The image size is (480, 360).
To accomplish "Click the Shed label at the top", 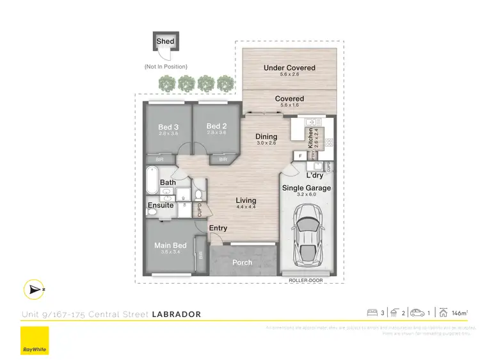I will (x=165, y=42).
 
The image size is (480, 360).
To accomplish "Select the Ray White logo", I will (x=35, y=340).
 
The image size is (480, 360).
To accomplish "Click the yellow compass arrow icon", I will (x=31, y=290).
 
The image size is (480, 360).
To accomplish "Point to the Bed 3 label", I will (x=168, y=127).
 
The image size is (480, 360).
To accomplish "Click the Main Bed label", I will (x=170, y=245).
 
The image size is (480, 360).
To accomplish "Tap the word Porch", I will (x=241, y=262).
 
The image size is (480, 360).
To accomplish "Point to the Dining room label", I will (x=266, y=136).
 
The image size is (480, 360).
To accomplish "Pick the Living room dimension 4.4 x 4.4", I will (x=246, y=207).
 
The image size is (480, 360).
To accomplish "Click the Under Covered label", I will (x=289, y=67).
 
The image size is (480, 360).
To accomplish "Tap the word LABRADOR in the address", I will (x=177, y=314).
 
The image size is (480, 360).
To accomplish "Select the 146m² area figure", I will (x=459, y=313).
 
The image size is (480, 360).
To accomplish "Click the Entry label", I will (x=218, y=228).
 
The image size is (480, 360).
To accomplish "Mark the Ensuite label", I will (x=160, y=206).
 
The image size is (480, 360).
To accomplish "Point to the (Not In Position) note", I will (x=166, y=67).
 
